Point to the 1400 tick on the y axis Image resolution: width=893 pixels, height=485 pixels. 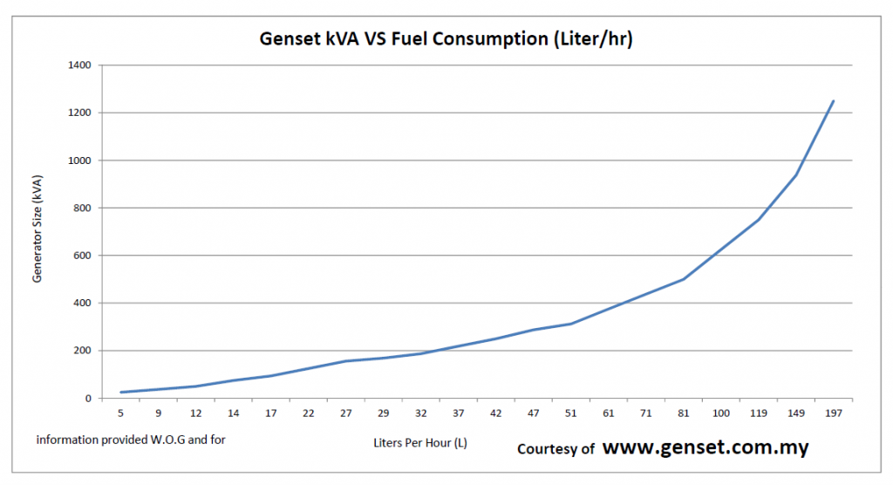point(82,65)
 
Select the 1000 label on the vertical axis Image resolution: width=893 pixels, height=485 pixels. point(82,161)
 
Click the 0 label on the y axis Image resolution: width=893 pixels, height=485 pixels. point(91,399)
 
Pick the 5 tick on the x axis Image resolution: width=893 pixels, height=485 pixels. point(121,413)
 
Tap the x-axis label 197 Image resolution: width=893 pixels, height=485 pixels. point(834,413)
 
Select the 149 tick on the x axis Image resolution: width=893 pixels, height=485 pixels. point(796,413)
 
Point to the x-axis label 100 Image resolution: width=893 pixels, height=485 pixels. point(721,413)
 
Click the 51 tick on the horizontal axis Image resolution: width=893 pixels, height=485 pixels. point(571,413)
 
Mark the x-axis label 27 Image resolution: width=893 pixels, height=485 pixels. point(346,413)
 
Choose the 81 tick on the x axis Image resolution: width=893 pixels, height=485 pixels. point(684,413)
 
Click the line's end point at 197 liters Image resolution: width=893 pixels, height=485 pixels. point(834,101)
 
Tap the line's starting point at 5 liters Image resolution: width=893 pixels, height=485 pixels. point(121,393)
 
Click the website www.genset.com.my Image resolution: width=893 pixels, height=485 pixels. point(706,447)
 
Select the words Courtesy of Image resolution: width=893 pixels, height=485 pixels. point(556,449)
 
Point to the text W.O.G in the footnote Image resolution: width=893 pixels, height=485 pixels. point(169,440)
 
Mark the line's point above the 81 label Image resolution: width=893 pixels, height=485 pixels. point(684,279)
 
